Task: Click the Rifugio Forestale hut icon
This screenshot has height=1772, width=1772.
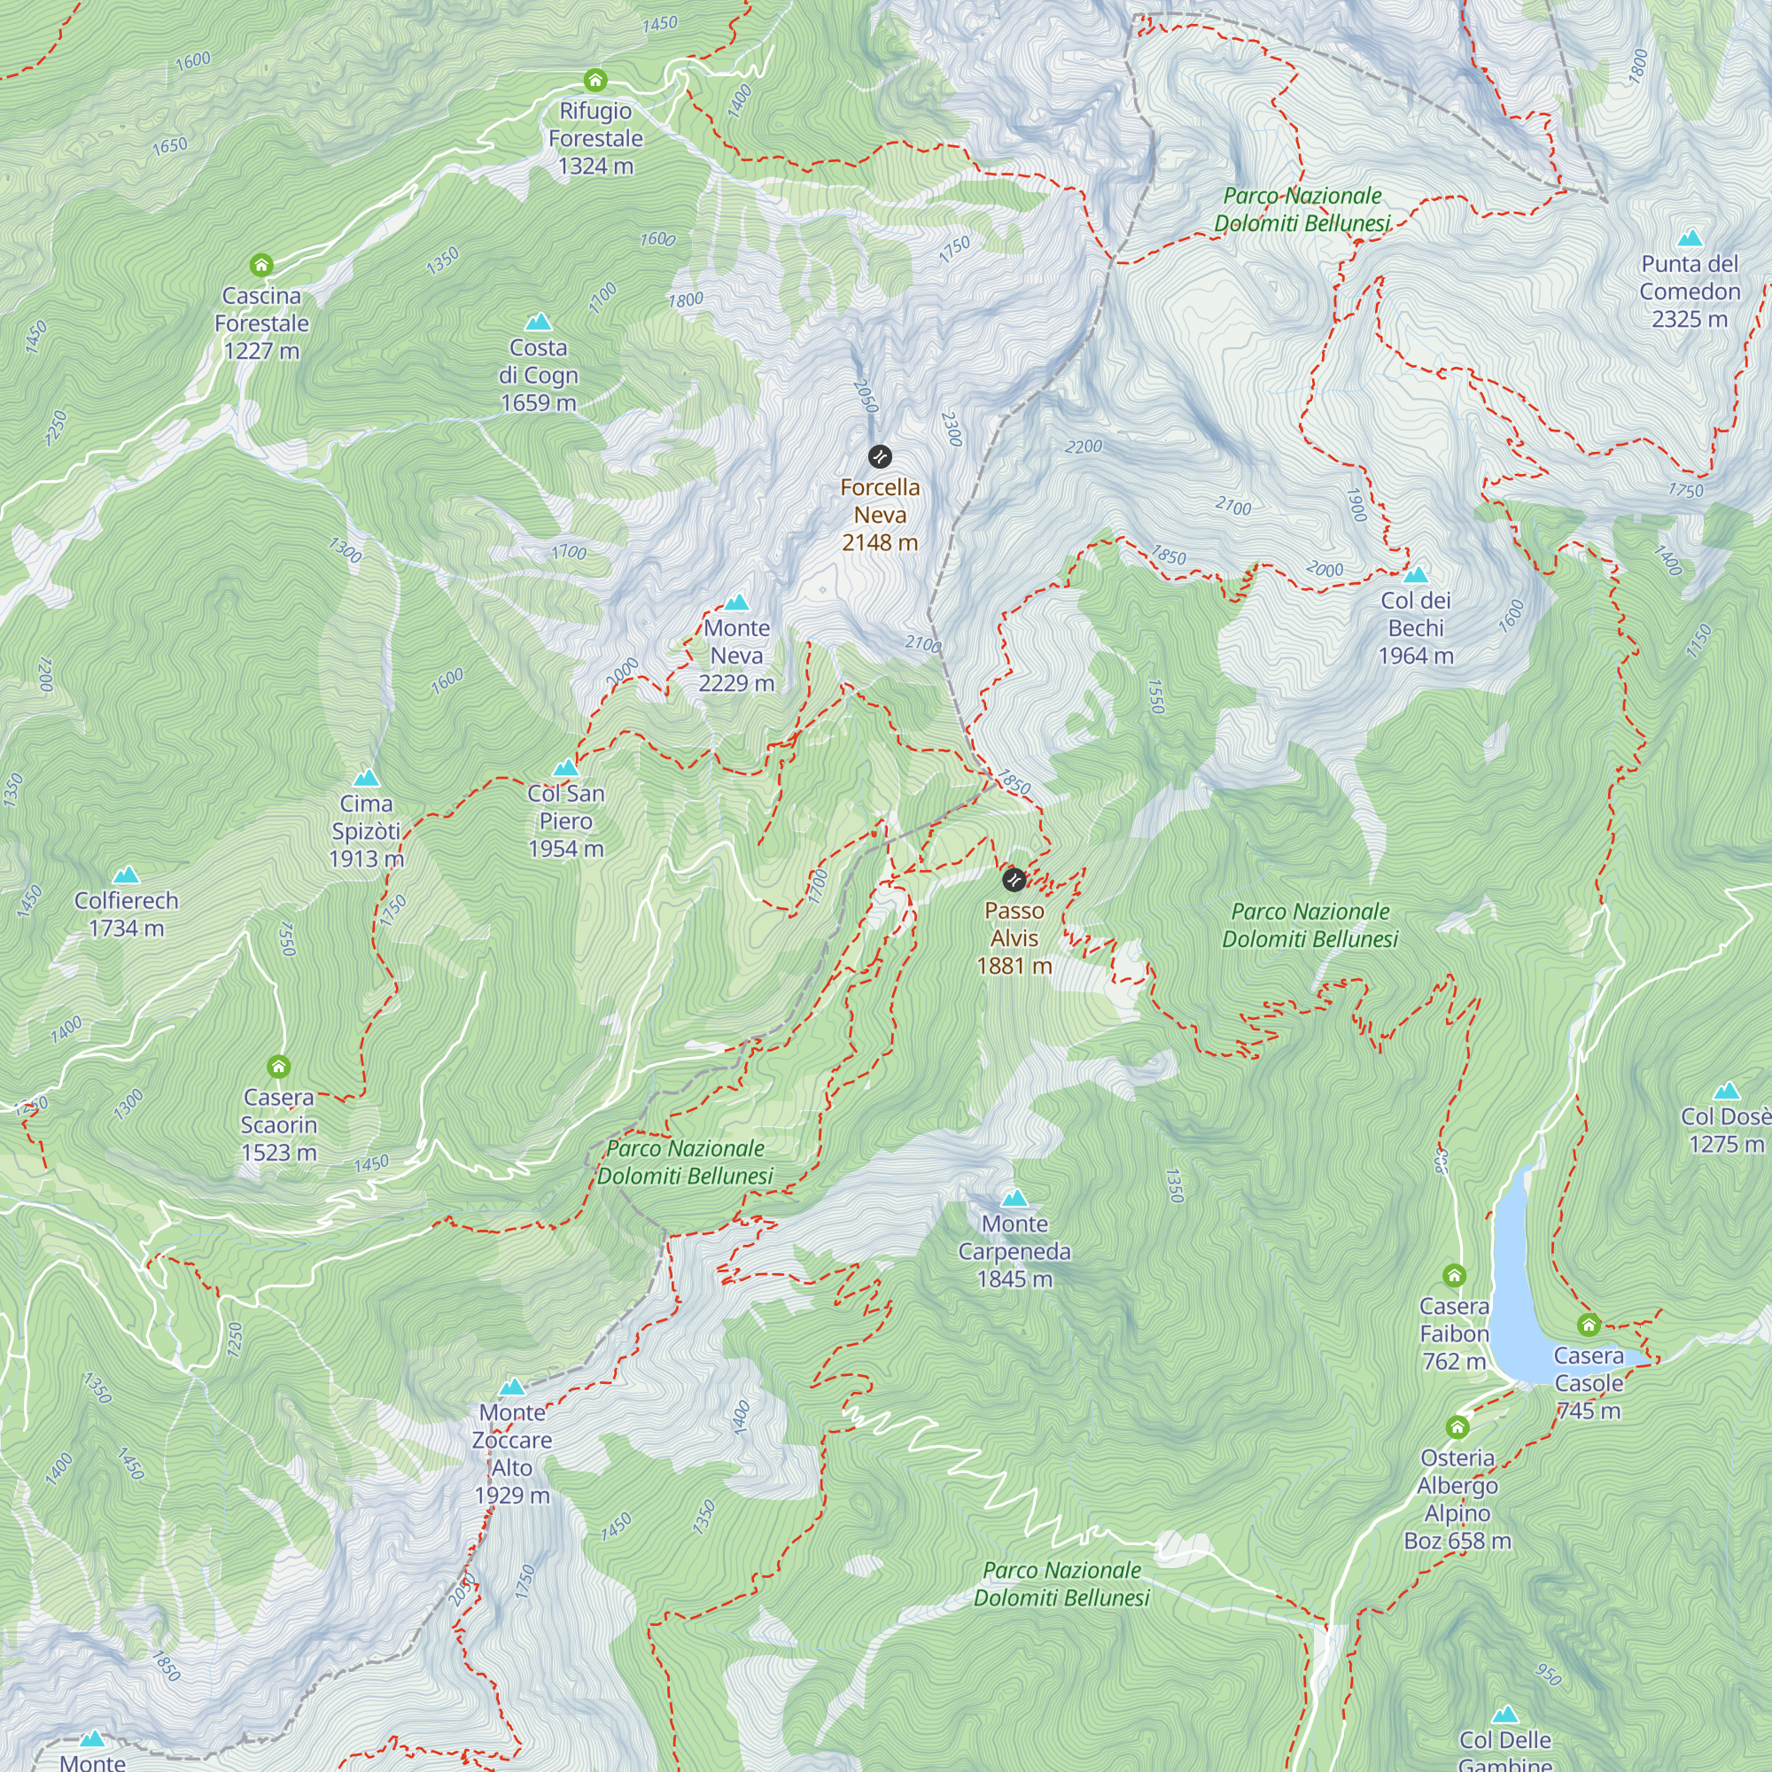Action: pos(595,80)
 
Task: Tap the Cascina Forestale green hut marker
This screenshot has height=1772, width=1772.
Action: pos(261,266)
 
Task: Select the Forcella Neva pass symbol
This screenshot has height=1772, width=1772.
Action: pos(880,457)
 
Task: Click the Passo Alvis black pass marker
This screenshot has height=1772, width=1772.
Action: pos(1014,881)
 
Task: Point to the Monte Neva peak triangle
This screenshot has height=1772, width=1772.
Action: pos(736,602)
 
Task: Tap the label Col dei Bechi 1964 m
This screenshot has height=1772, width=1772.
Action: pos(1415,628)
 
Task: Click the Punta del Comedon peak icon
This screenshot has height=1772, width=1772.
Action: pos(1690,239)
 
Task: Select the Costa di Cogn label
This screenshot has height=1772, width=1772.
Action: pos(539,375)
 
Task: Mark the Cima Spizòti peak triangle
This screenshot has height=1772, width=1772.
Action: pos(366,778)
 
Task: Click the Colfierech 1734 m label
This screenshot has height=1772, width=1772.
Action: pos(127,914)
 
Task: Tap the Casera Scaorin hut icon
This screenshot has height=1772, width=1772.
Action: pos(279,1067)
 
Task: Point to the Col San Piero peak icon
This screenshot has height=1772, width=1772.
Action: pos(565,767)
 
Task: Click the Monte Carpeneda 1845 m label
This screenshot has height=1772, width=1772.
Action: pos(1014,1251)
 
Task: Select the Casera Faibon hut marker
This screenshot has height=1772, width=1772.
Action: pos(1454,1276)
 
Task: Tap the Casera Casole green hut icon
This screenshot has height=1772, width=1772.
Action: pos(1589,1325)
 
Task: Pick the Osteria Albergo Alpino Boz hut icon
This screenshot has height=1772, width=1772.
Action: pos(1457,1427)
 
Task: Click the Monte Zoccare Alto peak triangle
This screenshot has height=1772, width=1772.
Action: pos(512,1387)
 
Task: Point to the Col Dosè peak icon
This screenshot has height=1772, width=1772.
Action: pos(1726,1091)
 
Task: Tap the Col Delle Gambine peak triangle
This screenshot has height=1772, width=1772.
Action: pos(1504,1714)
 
